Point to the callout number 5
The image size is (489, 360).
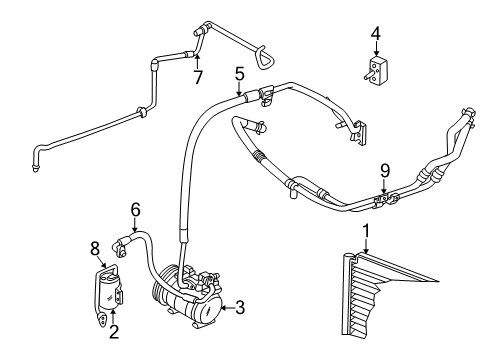(239, 73)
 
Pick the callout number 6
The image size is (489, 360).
(135, 210)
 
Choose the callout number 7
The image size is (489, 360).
(197, 77)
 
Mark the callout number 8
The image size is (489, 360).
(96, 247)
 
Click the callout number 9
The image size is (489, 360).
(384, 171)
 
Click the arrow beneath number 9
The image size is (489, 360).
(384, 185)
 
